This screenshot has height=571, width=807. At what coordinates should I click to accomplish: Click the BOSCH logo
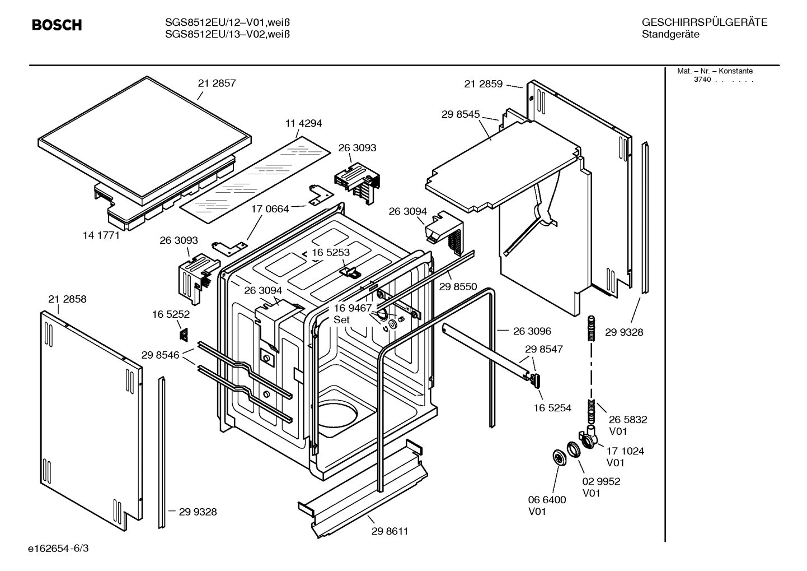57,25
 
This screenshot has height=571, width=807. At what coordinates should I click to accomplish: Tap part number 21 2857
217,83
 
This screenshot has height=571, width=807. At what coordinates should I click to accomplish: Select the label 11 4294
304,123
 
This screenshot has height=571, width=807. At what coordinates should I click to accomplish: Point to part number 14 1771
101,235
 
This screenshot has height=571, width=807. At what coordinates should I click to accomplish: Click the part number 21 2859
483,84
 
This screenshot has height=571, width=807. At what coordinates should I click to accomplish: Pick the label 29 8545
461,114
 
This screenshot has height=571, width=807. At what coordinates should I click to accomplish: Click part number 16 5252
171,315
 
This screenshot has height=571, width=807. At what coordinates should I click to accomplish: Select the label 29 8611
390,531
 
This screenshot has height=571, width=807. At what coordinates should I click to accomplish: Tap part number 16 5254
552,408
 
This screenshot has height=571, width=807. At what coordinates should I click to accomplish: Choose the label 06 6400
547,500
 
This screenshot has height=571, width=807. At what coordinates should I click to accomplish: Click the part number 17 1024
625,451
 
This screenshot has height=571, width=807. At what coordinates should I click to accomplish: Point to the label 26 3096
532,331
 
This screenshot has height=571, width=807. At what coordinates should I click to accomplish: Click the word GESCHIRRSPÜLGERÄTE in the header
704,23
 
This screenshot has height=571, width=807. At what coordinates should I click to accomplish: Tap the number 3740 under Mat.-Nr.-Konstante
702,80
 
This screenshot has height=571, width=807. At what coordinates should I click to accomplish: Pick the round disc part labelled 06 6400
559,457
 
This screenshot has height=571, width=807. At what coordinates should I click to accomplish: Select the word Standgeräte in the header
670,35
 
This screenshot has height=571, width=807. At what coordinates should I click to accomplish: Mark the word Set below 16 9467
341,320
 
